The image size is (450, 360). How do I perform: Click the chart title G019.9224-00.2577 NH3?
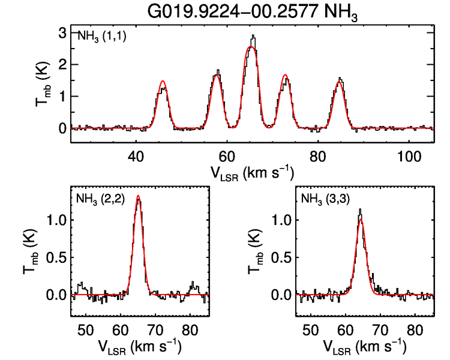click(251, 12)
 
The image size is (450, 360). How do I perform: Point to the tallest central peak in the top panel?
click(253, 37)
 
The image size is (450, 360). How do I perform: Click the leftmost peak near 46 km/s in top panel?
click(163, 82)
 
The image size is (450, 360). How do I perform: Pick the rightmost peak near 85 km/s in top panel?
click(340, 79)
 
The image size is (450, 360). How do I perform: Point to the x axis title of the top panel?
click(251, 173)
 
